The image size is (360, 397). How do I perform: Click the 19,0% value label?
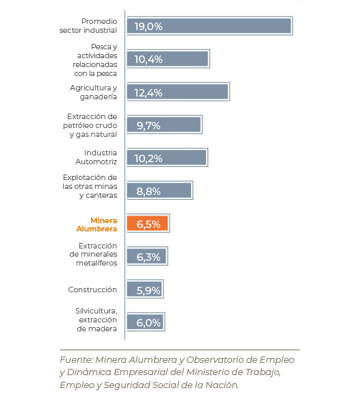(149, 26)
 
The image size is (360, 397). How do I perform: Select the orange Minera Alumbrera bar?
(148, 223)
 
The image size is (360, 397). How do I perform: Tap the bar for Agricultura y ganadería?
(178, 92)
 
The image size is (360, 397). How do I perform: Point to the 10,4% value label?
(149, 60)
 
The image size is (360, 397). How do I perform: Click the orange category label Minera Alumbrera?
(97, 225)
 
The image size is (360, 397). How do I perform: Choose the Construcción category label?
(92, 290)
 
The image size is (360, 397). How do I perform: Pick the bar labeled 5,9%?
(145, 289)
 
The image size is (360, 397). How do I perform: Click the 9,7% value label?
(149, 125)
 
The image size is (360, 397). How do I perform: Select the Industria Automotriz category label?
(97, 157)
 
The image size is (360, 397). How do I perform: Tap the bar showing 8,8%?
(159, 190)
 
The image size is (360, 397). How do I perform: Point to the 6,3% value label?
(149, 257)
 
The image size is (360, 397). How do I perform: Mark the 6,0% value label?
(149, 323)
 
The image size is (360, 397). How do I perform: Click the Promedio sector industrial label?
(88, 26)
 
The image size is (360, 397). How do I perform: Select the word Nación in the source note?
(222, 385)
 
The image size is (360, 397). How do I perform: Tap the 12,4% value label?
(149, 92)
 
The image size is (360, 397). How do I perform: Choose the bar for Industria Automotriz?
(167, 157)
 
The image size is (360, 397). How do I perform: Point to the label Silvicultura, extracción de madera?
(97, 320)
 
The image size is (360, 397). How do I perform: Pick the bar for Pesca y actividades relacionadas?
(168, 59)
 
